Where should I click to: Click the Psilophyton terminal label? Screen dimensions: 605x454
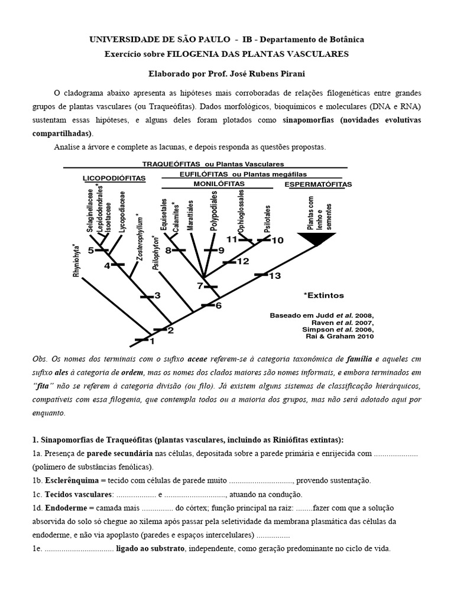pyautogui.click(x=156, y=253)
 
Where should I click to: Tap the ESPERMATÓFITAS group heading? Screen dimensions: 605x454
pyautogui.click(x=318, y=184)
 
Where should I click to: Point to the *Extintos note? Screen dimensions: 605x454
pyautogui.click(x=323, y=295)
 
